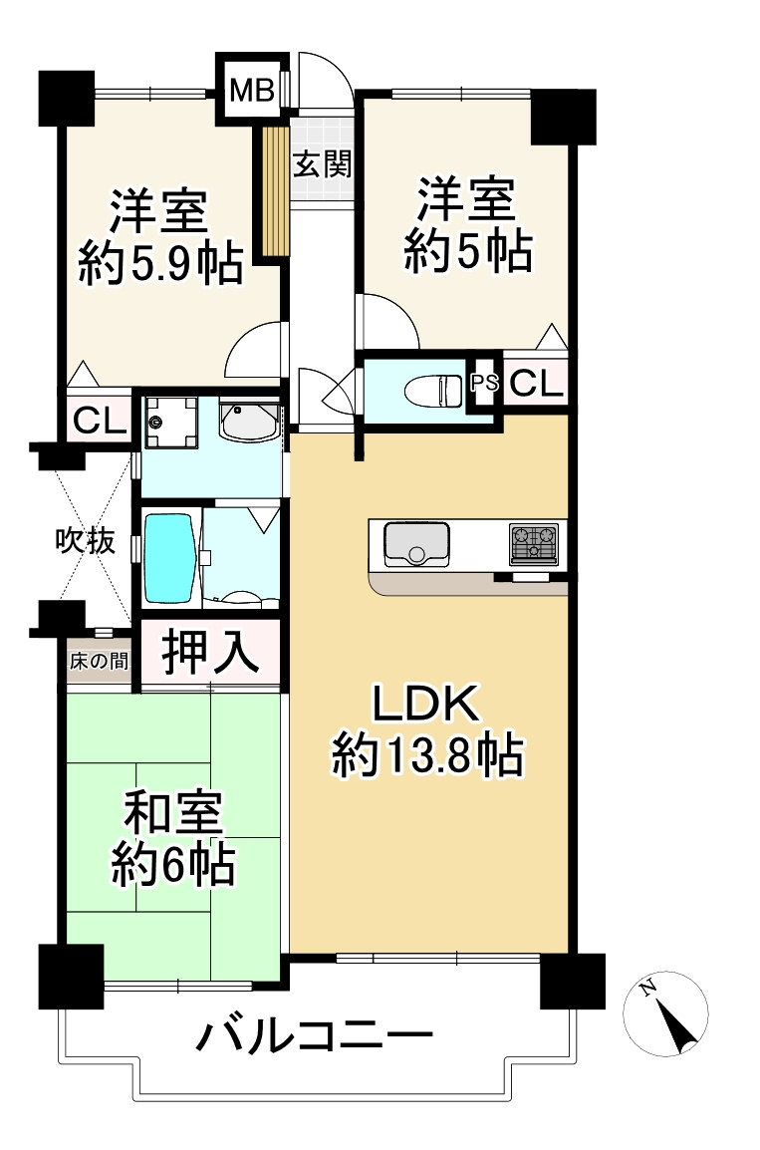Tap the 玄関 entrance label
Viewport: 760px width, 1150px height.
click(322, 162)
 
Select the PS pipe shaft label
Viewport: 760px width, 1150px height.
click(484, 382)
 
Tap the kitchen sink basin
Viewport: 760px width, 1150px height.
click(411, 543)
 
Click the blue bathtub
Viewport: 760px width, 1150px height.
click(170, 557)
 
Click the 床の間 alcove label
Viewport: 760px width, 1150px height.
click(99, 661)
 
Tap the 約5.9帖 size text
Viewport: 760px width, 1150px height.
click(160, 264)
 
